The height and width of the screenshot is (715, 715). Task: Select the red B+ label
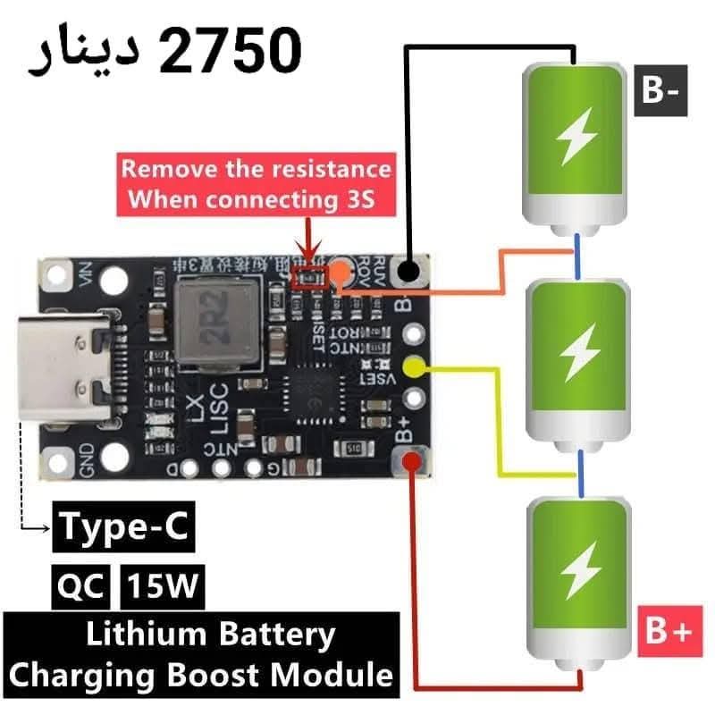pyautogui.click(x=667, y=632)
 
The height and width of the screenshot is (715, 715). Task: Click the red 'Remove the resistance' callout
pyautogui.click(x=257, y=184)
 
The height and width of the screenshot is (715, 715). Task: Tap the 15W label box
pyautogui.click(x=162, y=588)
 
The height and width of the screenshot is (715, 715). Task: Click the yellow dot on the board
pyautogui.click(x=413, y=366)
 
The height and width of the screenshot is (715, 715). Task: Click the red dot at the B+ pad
pyautogui.click(x=413, y=461)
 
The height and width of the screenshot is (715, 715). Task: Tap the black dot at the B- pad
pyautogui.click(x=410, y=269)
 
